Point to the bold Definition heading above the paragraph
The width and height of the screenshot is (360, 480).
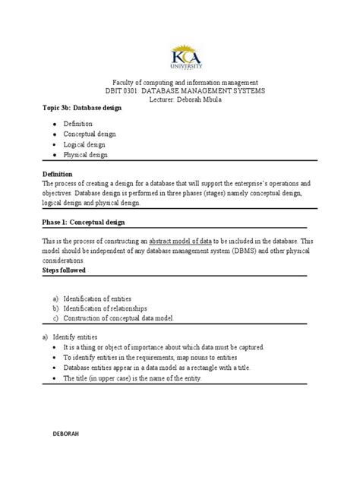click(x=59, y=174)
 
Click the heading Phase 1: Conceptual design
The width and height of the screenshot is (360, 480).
click(x=83, y=223)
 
